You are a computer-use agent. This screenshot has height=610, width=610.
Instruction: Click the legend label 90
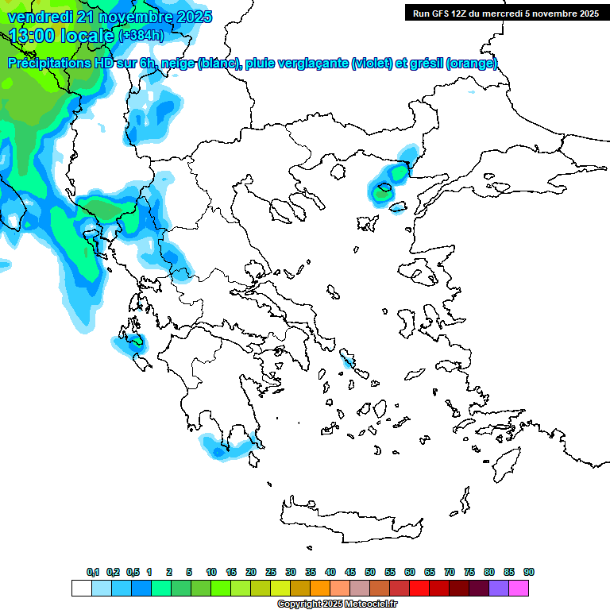tap(528, 572)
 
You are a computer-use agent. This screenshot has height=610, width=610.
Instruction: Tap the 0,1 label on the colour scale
tap(93, 572)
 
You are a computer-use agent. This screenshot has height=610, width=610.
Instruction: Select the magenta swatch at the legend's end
tap(519, 588)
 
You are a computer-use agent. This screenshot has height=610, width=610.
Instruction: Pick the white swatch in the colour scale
tap(81, 588)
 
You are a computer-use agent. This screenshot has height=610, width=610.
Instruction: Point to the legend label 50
tap(370, 572)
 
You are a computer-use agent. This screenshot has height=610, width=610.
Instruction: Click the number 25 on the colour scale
tap(271, 572)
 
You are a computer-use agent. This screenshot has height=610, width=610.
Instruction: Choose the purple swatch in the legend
tap(499, 588)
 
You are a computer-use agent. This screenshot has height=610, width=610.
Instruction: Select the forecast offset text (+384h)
tap(141, 36)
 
